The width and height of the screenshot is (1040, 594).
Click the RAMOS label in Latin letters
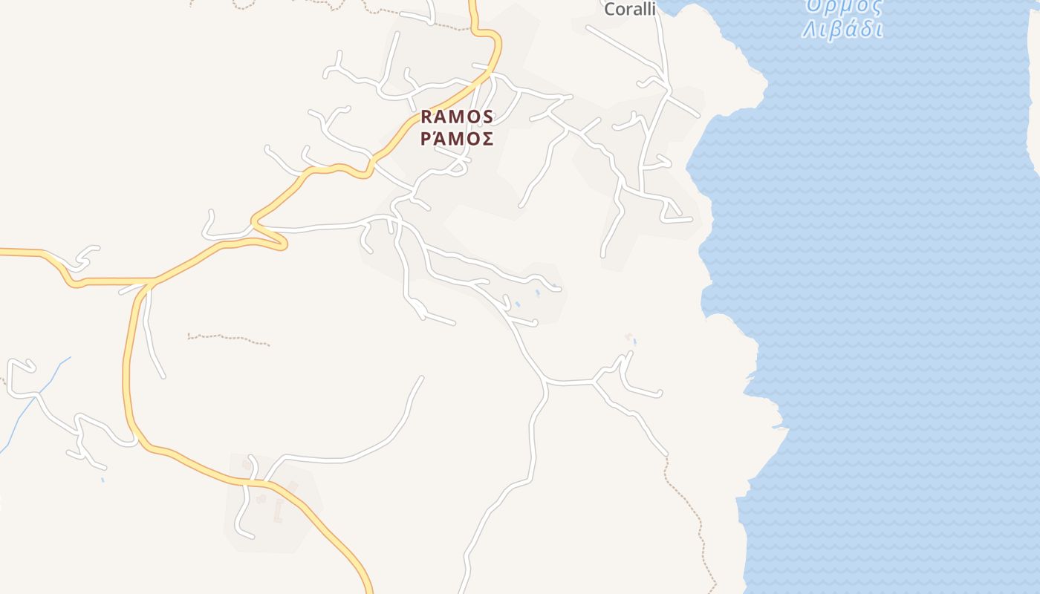[456, 117]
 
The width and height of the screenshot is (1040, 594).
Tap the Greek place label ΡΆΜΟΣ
[456, 140]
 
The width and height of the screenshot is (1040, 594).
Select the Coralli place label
[630, 9]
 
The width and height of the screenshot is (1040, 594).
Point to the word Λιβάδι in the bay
[842, 30]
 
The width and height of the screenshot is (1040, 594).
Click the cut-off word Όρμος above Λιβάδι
[845, 7]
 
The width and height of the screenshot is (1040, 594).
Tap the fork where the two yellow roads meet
[152, 281]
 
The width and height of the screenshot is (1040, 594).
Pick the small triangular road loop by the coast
[673, 212]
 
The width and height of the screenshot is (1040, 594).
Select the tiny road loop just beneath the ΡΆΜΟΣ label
[458, 169]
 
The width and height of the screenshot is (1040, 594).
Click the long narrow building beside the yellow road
[279, 510]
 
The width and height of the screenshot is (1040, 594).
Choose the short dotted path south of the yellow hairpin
[227, 339]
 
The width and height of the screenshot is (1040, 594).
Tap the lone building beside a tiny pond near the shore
[629, 338]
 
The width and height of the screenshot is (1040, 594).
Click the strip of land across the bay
[1033, 82]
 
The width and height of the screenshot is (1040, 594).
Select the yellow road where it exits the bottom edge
[368, 588]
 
